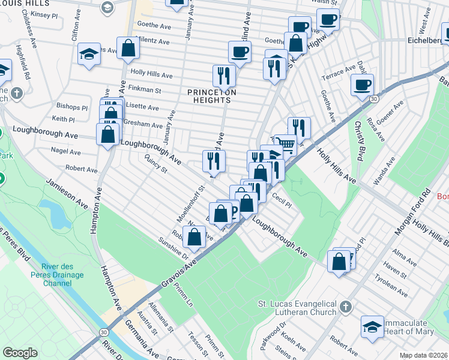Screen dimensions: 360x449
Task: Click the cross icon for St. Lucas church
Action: coord(345,307)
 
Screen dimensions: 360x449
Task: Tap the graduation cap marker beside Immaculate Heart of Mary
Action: coord(372,327)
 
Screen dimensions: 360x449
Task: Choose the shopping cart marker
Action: coord(286,144)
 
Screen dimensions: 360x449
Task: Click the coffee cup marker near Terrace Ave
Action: coord(362,85)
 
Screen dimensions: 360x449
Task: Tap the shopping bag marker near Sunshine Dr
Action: coord(194,238)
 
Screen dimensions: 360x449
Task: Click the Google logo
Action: coord(20,353)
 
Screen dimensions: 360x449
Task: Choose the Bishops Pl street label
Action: coord(71,107)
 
